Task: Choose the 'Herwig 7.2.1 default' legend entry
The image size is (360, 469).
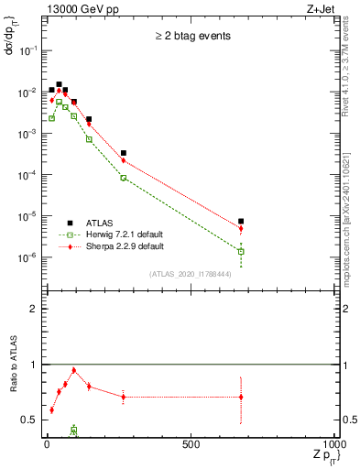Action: (125, 234)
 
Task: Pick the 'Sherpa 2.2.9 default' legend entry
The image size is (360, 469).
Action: (125, 246)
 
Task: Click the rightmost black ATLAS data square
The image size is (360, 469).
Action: (240, 221)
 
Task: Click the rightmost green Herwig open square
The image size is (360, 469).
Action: (240, 251)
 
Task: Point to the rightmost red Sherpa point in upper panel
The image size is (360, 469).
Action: (240, 229)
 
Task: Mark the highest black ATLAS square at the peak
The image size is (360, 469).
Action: (59, 84)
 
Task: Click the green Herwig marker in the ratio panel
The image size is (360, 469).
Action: (73, 430)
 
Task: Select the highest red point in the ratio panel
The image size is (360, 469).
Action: (73, 370)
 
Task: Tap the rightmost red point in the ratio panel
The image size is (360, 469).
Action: (240, 397)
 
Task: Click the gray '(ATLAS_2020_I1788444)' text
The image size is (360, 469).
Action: (191, 274)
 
